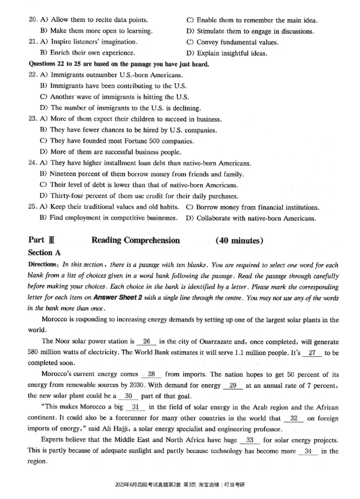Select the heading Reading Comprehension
(x=135, y=240)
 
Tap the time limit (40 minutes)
(x=239, y=240)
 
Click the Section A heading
(x=44, y=253)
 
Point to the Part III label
(x=41, y=240)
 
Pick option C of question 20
(x=252, y=20)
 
